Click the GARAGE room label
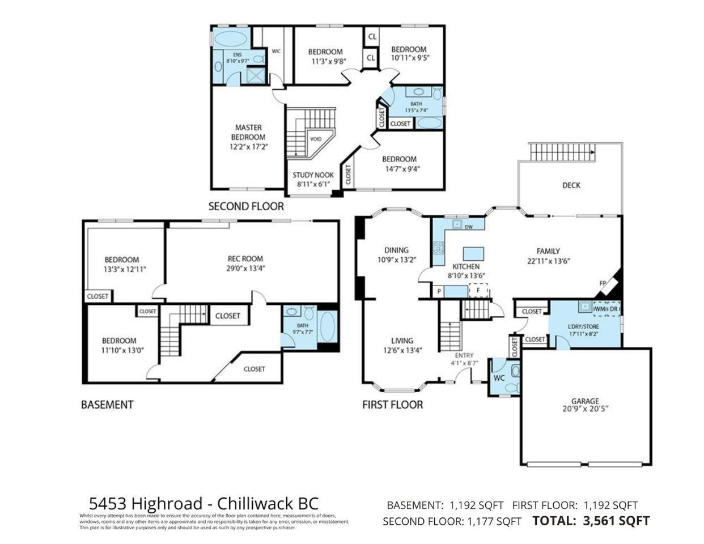585,401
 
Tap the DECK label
571,185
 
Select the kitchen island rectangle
472,253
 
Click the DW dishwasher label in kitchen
468,227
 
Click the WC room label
499,377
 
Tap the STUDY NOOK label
313,175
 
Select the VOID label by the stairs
316,139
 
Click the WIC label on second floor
276,51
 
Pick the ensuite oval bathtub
229,40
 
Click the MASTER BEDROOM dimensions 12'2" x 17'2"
248,146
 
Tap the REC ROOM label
245,259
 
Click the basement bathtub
327,327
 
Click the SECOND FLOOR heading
246,206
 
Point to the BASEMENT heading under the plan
107,405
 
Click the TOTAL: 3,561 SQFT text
591,521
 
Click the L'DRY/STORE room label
583,326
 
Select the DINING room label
396,250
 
